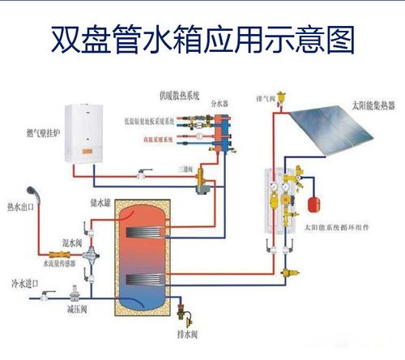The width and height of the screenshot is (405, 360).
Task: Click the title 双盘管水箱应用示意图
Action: [x=202, y=37]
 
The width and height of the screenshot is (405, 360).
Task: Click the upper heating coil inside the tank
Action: [x=145, y=234]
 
